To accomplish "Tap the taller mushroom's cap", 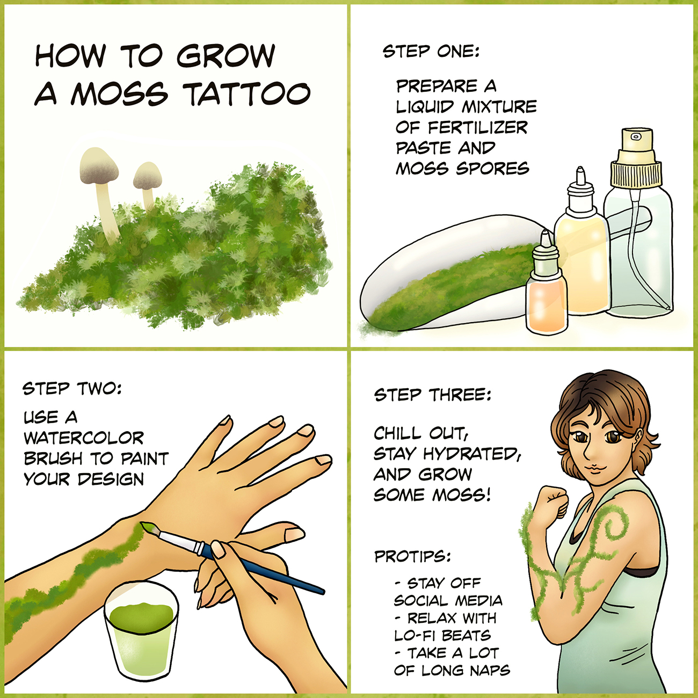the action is tap(99, 165).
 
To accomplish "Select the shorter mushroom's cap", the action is tap(148, 176).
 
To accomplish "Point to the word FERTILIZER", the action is tap(478, 127).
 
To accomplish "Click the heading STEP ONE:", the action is tap(431, 52).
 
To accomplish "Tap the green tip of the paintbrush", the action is tap(148, 527).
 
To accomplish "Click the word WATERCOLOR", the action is tap(84, 438).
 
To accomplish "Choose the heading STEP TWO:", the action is tap(72, 389).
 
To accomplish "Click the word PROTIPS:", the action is tap(412, 557).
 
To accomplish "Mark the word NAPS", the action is tap(491, 671).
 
